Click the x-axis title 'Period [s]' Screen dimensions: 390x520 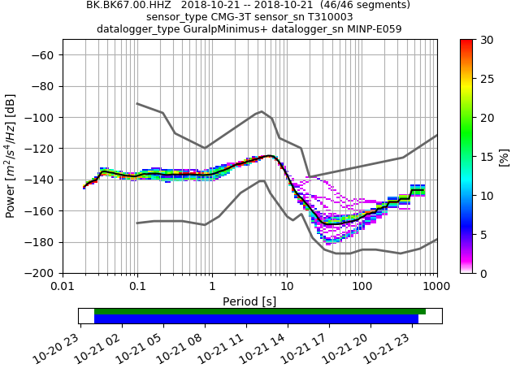tap(249, 301)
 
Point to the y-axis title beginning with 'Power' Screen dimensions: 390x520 tap(11, 156)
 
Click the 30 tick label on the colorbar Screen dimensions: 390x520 tap(485, 41)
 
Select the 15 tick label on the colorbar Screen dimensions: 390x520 tap(485, 157)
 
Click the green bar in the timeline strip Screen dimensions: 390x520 tap(260, 311)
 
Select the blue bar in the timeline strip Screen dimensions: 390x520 tap(256, 319)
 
